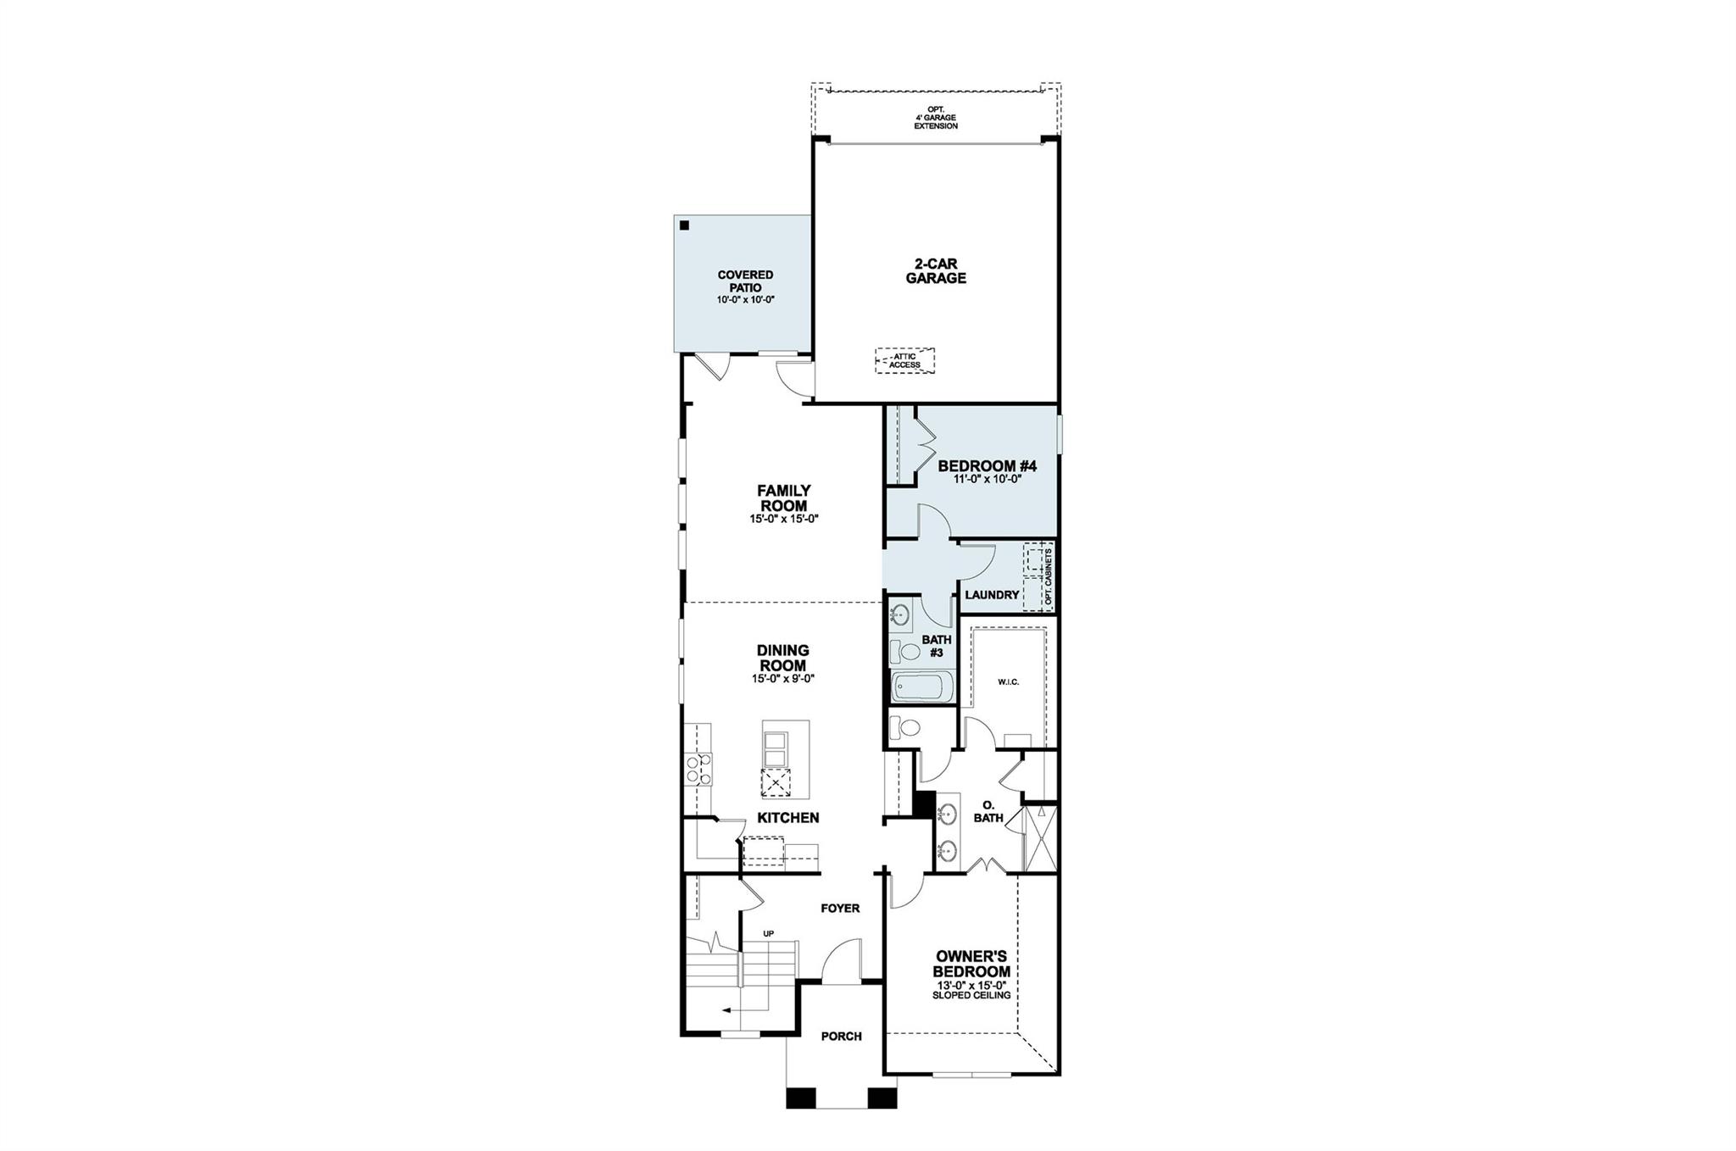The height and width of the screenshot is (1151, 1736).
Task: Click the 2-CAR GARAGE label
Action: (x=935, y=271)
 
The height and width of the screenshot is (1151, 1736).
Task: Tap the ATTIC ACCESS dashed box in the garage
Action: (x=905, y=361)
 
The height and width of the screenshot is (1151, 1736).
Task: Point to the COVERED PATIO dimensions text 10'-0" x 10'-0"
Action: (x=745, y=300)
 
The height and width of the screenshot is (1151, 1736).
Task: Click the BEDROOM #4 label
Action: (x=987, y=466)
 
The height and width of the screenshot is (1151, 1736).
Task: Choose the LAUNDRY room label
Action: (x=991, y=595)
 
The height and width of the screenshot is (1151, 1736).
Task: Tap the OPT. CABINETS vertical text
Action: (x=1049, y=577)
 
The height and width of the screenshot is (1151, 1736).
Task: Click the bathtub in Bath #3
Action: (x=922, y=687)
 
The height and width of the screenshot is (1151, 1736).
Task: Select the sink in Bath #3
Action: (x=900, y=614)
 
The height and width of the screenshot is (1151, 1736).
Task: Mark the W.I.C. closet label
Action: (x=1008, y=681)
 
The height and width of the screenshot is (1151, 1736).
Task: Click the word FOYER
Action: (x=840, y=909)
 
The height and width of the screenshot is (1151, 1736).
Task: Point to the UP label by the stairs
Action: (x=769, y=934)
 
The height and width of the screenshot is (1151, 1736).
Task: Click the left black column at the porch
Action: (x=799, y=1098)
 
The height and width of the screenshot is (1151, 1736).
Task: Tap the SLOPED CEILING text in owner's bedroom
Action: (x=971, y=996)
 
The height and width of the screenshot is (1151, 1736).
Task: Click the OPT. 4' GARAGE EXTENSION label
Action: (x=935, y=118)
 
